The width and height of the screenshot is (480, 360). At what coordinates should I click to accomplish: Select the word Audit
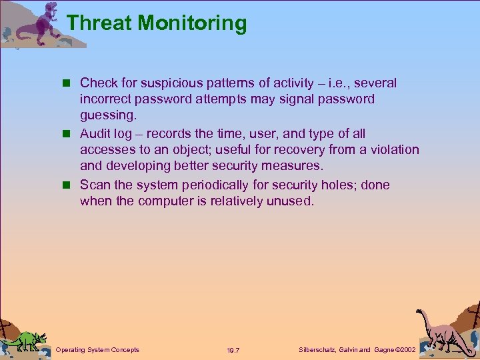[96, 134]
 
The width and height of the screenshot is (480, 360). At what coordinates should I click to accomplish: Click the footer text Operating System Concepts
[97, 350]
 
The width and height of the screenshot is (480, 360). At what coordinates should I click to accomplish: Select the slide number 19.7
[233, 351]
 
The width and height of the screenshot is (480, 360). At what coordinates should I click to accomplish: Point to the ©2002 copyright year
[405, 350]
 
